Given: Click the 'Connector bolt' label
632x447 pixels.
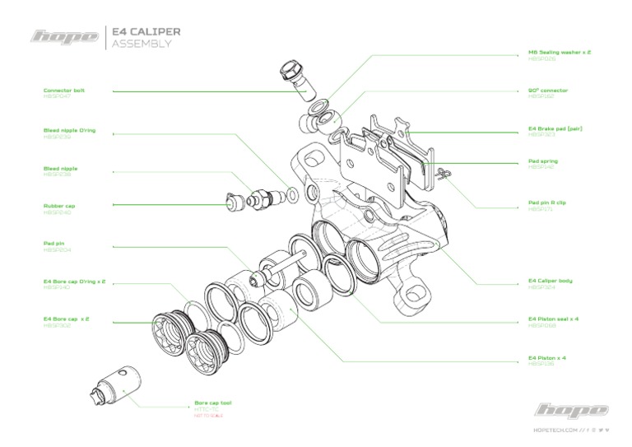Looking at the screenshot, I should (64, 91).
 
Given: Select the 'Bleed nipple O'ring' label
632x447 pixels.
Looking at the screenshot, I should (69, 129).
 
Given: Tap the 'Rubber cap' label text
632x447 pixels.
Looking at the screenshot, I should (59, 206).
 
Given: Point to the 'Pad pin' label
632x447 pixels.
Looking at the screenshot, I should (54, 244).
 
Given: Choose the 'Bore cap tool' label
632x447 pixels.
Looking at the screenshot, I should (212, 403).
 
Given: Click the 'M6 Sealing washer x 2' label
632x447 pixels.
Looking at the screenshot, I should (559, 52).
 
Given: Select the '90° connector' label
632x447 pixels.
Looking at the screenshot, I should (547, 91).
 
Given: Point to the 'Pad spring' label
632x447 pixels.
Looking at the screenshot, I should (544, 161).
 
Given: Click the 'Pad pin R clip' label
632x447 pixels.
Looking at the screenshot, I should (547, 203).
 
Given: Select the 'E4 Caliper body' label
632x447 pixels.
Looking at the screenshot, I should (550, 282).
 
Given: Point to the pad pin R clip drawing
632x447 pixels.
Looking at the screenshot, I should (444, 173).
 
